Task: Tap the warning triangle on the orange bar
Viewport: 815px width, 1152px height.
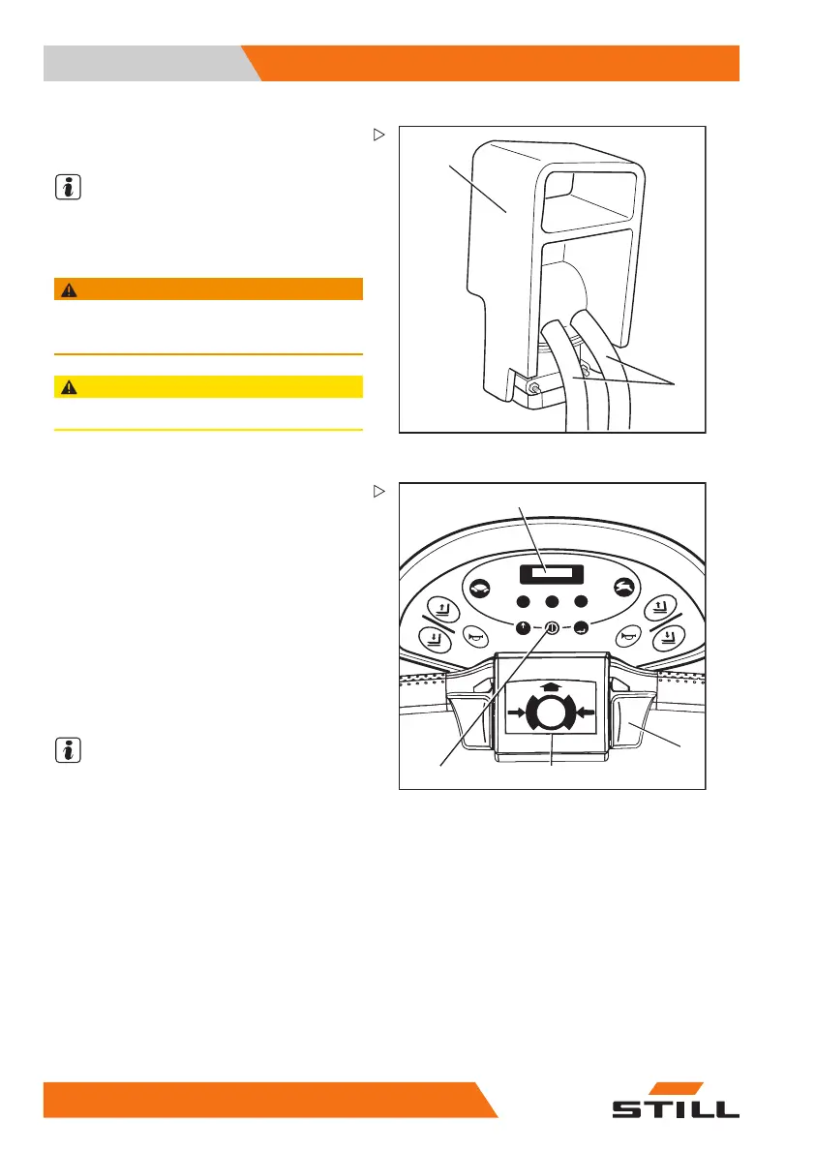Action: coord(65,288)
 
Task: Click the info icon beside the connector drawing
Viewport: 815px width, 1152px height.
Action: coord(68,189)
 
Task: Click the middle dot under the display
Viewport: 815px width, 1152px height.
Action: coord(553,599)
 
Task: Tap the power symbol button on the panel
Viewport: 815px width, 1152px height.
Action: coord(553,625)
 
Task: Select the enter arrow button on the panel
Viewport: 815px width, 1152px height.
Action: coord(581,625)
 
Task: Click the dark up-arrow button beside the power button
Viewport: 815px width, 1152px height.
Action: coord(525,625)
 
